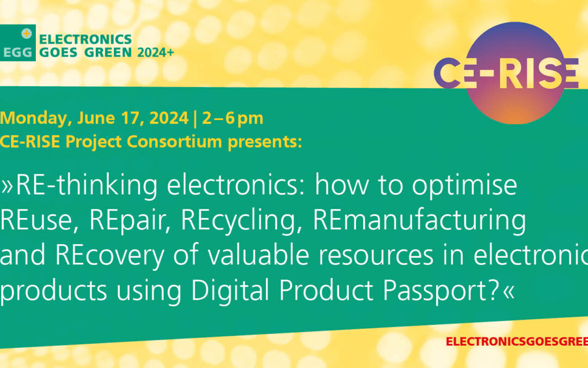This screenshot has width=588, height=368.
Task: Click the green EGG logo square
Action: tap(18, 43)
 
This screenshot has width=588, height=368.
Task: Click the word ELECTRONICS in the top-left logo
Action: tap(86, 39)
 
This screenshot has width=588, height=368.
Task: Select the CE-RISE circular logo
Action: tap(507, 73)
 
